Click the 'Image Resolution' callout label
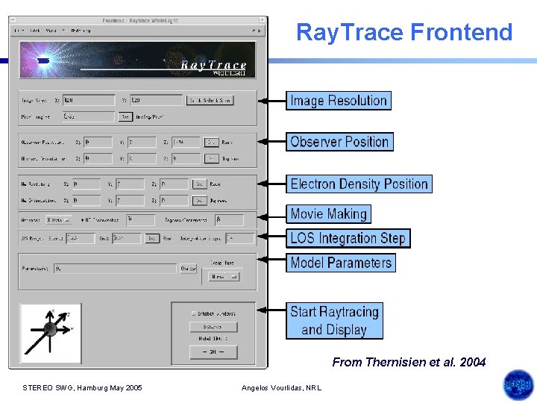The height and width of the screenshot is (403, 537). pyautogui.click(x=338, y=101)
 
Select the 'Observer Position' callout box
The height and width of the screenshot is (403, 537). pyautogui.click(x=339, y=142)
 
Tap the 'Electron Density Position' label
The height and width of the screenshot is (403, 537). pyautogui.click(x=359, y=184)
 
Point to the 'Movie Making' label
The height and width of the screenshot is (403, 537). pyautogui.click(x=328, y=214)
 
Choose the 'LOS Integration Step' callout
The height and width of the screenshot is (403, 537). pyautogui.click(x=348, y=238)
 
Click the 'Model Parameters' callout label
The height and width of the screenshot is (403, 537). pyautogui.click(x=340, y=263)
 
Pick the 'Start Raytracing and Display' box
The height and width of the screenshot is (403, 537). pyautogui.click(x=334, y=321)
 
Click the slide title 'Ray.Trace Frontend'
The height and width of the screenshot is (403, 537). pyautogui.click(x=404, y=32)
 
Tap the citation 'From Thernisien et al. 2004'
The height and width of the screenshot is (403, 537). pyautogui.click(x=409, y=362)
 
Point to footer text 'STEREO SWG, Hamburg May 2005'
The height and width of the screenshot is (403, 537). pyautogui.click(x=82, y=387)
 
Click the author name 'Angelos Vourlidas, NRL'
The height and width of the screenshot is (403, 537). pyautogui.click(x=281, y=387)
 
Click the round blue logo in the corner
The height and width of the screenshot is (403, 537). pyautogui.click(x=518, y=385)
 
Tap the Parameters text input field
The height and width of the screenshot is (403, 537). pyautogui.click(x=116, y=269)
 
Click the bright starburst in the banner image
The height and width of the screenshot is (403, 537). pyautogui.click(x=43, y=59)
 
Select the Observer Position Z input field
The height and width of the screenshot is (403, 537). pyautogui.click(x=186, y=142)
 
